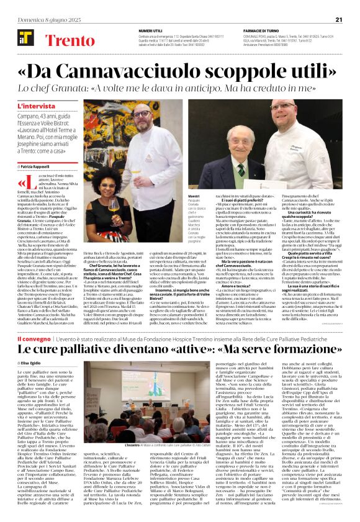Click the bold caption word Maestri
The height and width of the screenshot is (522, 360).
point(194,196)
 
